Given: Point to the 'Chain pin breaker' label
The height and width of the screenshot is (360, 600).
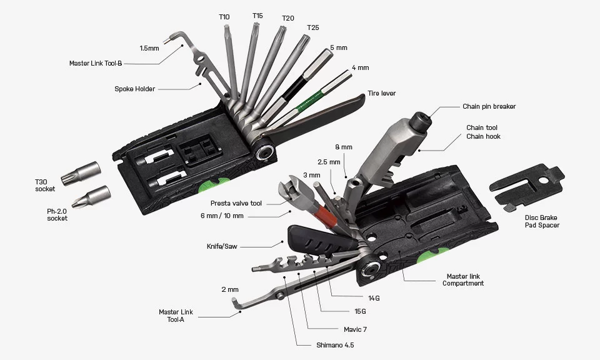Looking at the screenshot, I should coord(489,106).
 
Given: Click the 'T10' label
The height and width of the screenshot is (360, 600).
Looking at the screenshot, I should coord(224,16).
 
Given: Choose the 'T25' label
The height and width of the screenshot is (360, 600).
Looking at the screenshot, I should coord(312,28).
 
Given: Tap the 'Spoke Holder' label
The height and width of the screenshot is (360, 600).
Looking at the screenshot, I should coord(134,89).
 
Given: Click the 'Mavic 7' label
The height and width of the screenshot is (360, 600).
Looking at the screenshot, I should coord(355,329).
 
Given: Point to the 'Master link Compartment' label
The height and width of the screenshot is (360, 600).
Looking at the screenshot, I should coord(462,279).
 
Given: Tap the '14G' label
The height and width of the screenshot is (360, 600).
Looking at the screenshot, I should coord(374,298).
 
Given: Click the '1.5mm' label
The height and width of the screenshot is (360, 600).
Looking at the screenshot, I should coord(149,47).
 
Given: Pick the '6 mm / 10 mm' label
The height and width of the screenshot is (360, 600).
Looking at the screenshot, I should coord(222,216).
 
